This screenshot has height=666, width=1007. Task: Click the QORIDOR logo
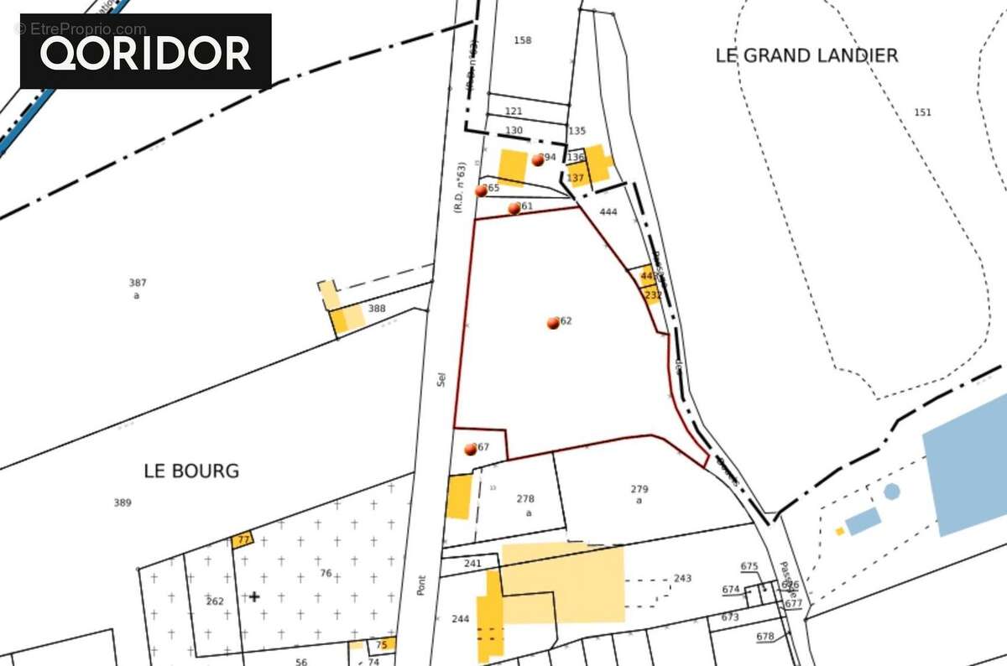click(146, 52)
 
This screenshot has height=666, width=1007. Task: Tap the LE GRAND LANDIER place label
click(806, 55)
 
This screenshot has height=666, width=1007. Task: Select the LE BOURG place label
click(191, 471)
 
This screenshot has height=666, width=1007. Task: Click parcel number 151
click(922, 112)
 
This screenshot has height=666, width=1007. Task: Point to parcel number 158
click(523, 40)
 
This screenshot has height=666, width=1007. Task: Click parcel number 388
click(377, 309)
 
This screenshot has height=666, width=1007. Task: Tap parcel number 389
click(123, 503)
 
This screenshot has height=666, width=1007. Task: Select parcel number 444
click(608, 212)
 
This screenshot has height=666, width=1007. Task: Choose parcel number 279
click(639, 489)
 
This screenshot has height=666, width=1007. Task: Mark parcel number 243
click(682, 579)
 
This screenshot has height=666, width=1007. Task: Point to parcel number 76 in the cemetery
click(326, 574)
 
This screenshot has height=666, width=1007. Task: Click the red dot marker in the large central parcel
click(553, 323)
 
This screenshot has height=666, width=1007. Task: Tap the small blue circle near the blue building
click(891, 492)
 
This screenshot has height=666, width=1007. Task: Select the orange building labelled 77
click(243, 540)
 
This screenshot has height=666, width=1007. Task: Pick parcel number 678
click(764, 637)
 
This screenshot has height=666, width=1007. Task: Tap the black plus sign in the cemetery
click(254, 596)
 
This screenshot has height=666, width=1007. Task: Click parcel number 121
click(514, 112)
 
